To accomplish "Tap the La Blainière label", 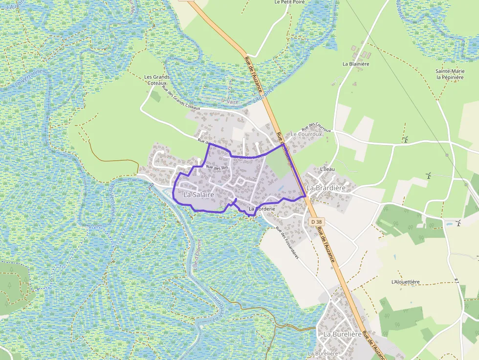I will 356,64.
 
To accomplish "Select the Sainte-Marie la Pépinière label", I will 450,74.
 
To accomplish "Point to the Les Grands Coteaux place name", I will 157,80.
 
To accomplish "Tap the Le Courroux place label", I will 306,134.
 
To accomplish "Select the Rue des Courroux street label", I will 316,127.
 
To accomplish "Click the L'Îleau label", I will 327,169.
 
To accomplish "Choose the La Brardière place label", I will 326,188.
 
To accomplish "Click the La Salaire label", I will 199,194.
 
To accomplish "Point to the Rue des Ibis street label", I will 217,168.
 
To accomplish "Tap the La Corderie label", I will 262,209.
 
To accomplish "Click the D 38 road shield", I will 317,221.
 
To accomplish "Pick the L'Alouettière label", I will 406,282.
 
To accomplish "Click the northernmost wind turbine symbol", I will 405,139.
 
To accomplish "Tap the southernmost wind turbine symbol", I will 458,223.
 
